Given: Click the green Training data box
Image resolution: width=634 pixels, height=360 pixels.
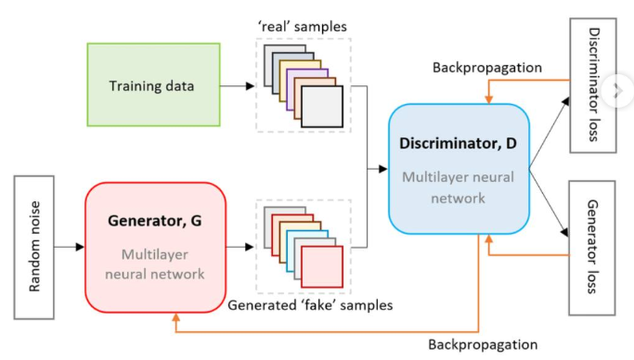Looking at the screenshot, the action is tap(154, 84).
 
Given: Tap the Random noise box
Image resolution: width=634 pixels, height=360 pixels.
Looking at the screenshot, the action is tap(34, 248).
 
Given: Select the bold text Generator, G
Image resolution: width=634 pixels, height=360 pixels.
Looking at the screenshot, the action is tap(154, 221).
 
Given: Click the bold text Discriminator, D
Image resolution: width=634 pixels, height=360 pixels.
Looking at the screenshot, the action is tap(459, 144).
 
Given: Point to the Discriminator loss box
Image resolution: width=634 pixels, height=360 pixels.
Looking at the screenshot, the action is tap(593, 85).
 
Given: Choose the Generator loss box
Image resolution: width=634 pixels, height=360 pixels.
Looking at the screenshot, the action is tap(592, 248).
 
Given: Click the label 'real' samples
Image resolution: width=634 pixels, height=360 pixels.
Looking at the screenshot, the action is tap(303, 27).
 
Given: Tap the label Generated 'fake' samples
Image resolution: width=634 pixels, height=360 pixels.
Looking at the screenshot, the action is tap(310, 305).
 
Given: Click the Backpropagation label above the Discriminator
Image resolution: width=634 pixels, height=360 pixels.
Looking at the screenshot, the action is tap(487, 68).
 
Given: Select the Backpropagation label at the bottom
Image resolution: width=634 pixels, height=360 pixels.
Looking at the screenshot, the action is tap(483, 344).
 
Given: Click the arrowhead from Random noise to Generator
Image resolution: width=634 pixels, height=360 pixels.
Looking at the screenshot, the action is tap(80, 247).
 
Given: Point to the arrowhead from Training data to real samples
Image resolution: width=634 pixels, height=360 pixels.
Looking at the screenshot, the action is tap(251, 85).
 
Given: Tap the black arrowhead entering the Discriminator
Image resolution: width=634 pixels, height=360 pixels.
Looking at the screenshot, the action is tap(383, 169).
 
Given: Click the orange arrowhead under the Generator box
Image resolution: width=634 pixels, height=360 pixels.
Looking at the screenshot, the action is tap(175, 317).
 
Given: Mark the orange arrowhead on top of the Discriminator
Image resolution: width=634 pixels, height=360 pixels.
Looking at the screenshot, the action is tap(489, 99).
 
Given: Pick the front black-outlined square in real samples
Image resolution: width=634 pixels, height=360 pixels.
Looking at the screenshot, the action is tap(322, 107).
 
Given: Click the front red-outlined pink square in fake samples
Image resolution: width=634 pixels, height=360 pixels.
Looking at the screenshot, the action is tap(322, 266).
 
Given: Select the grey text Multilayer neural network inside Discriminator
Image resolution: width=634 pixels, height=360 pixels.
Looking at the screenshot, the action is tap(459, 187).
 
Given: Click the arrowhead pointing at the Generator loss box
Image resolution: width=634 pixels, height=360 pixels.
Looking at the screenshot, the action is tap(565, 232).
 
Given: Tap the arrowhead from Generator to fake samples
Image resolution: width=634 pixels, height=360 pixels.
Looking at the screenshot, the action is tap(250, 247).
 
